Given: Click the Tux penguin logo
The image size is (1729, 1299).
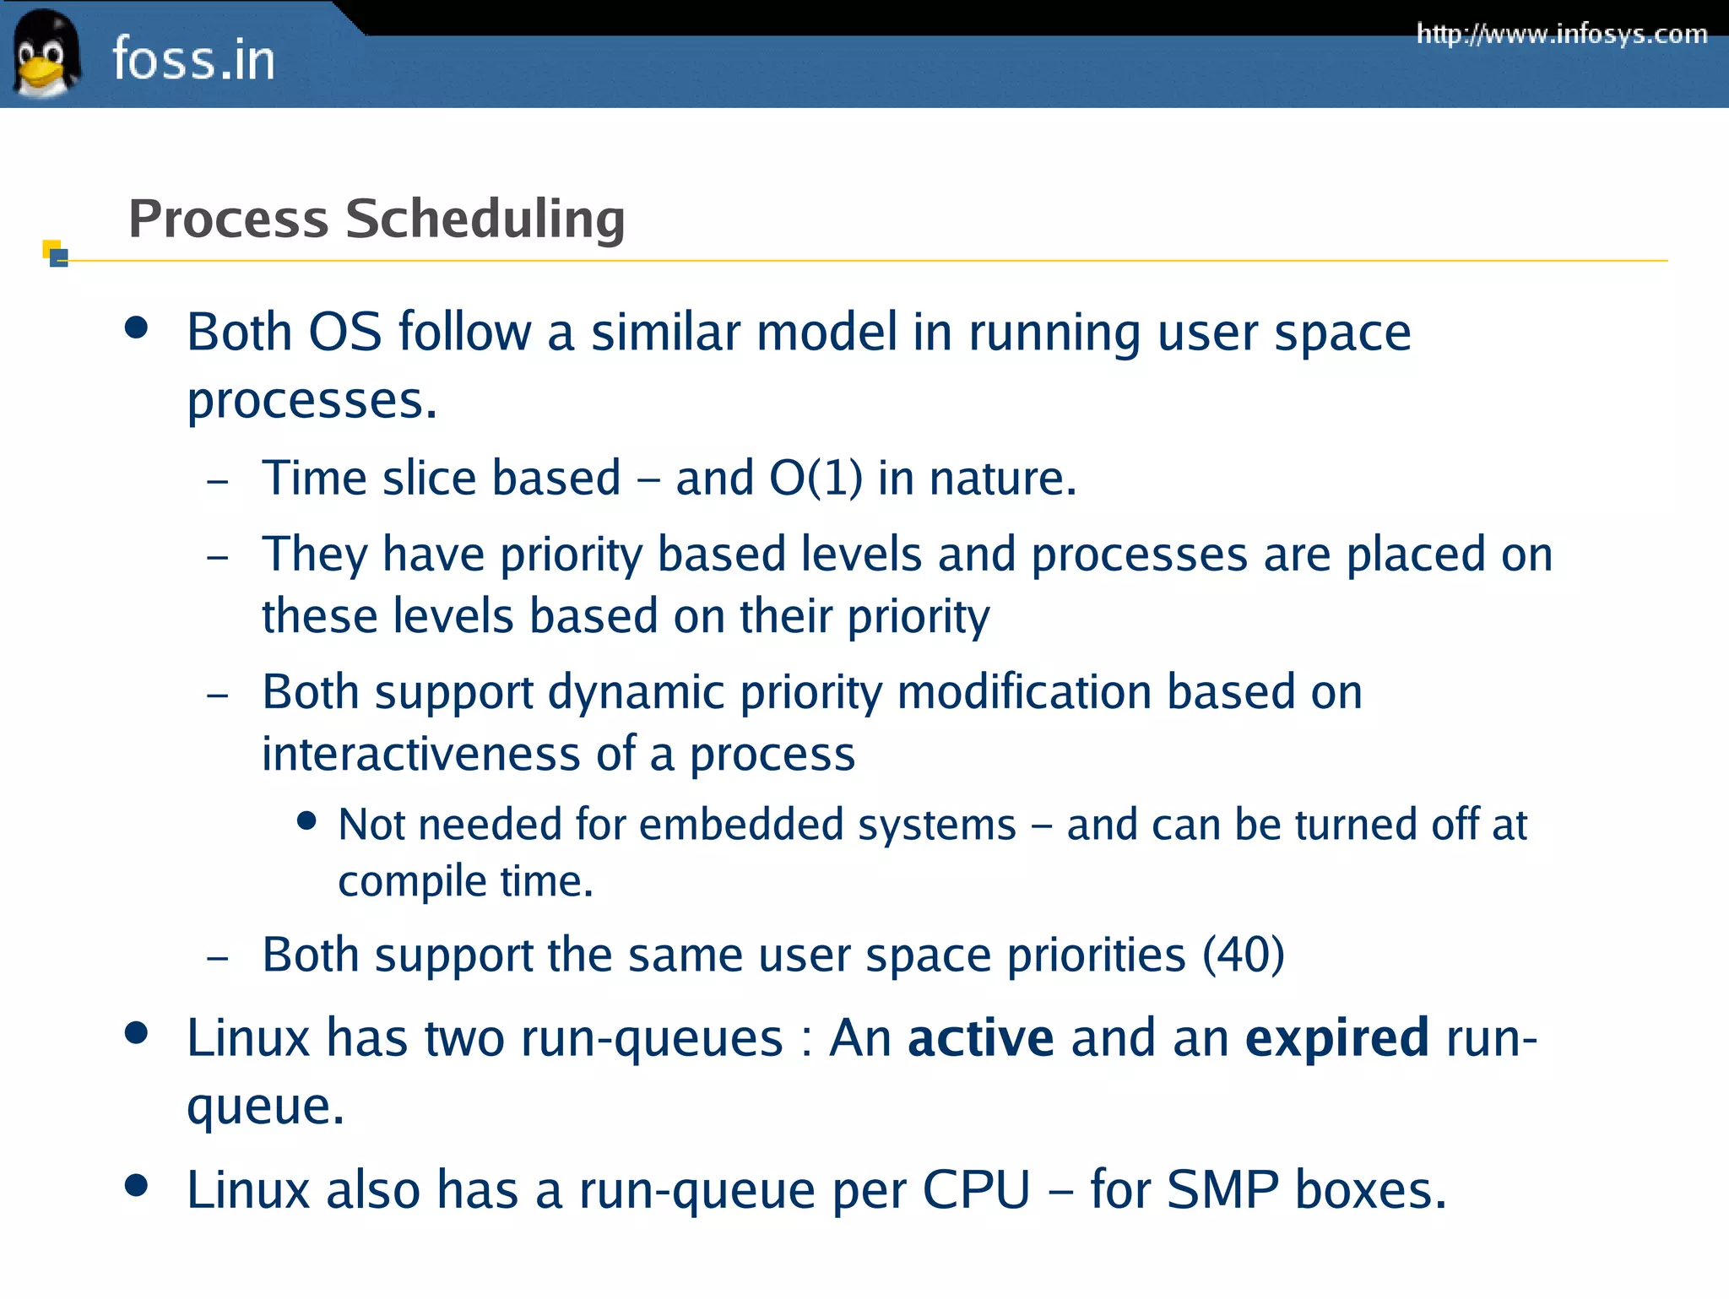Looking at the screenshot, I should click(x=46, y=54).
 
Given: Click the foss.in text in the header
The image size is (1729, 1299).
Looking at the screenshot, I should click(x=193, y=59).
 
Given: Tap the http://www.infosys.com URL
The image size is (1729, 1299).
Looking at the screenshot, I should click(x=1562, y=34).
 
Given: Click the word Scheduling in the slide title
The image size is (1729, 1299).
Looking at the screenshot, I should click(x=485, y=219).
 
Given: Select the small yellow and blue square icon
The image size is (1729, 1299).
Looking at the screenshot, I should click(x=56, y=253).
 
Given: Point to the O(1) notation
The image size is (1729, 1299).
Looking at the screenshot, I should click(x=816, y=478).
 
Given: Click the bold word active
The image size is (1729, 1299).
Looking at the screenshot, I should click(x=980, y=1037).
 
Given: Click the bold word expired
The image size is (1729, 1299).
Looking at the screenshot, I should click(x=1336, y=1037).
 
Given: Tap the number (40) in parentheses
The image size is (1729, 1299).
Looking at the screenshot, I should click(x=1243, y=955).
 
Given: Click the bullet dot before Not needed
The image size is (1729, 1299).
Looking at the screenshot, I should click(x=307, y=820).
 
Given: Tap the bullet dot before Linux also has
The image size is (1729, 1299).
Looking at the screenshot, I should click(x=136, y=1185).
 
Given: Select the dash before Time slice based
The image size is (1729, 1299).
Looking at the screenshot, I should click(x=218, y=482).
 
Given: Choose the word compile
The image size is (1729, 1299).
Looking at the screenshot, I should click(x=412, y=882).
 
